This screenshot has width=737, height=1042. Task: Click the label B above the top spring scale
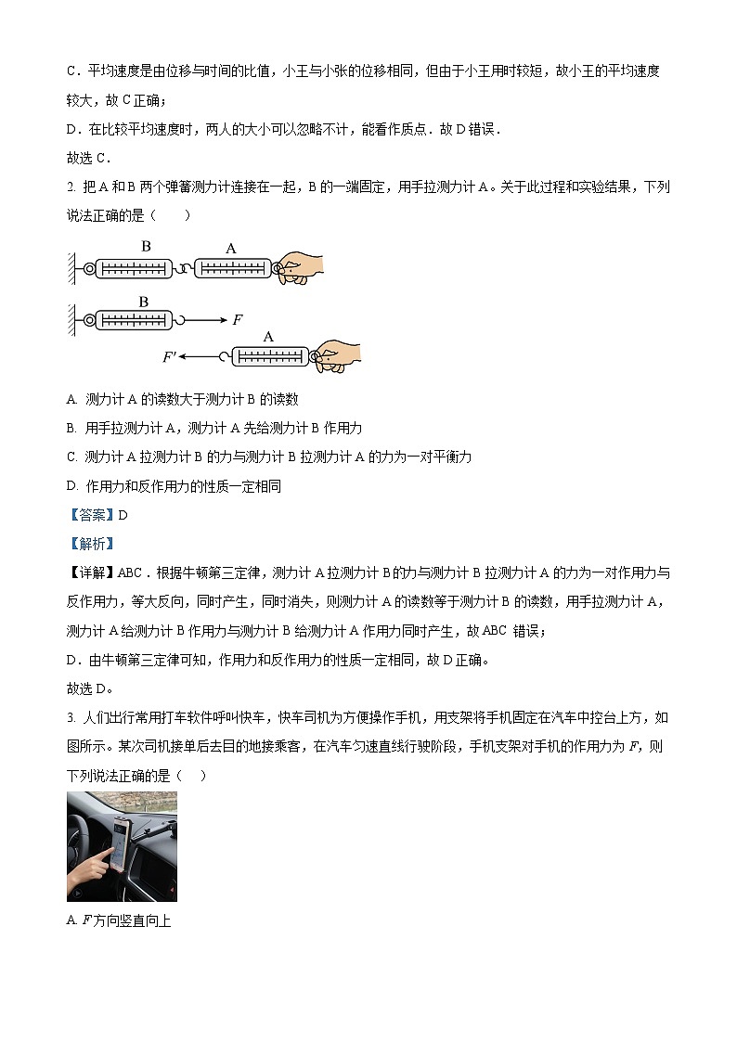[x=146, y=247]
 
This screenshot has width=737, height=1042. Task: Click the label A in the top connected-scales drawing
[x=231, y=248]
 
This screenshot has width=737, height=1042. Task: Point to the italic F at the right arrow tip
[x=238, y=319]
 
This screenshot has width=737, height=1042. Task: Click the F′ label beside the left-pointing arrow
[x=170, y=356]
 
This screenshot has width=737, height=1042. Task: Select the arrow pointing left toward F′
[x=199, y=356]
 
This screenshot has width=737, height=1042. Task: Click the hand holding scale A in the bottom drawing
[x=338, y=356]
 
